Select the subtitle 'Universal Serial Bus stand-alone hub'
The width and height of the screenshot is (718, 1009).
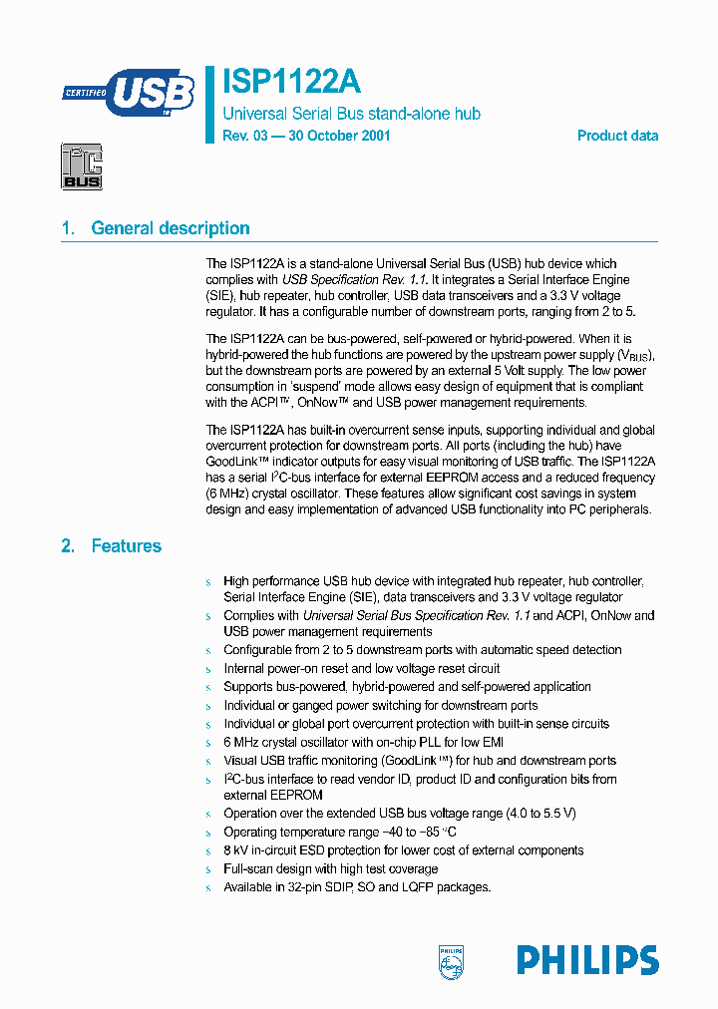tap(351, 114)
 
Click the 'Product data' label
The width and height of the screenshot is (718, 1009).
tap(617, 136)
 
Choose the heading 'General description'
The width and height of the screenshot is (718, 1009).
tap(171, 228)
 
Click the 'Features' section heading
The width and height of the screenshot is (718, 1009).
tap(126, 546)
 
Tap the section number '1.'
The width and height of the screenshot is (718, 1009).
tap(68, 228)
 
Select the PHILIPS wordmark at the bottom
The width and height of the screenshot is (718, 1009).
tap(586, 960)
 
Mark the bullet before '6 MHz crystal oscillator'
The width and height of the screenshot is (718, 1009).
tap(208, 743)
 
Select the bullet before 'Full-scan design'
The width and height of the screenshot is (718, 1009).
tap(208, 870)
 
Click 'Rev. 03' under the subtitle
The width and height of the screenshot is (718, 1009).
tap(244, 136)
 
